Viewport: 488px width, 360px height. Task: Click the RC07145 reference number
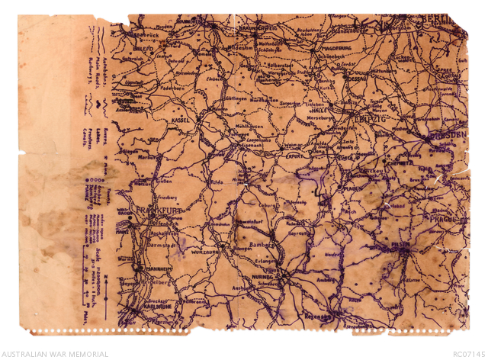pos(468,354)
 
